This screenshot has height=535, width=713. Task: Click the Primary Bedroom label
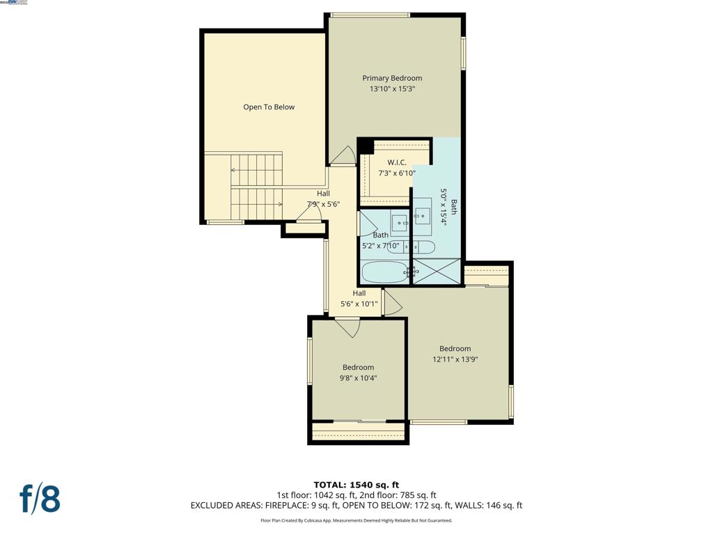pyautogui.click(x=392, y=78)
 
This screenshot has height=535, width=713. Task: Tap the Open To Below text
pyautogui.click(x=269, y=107)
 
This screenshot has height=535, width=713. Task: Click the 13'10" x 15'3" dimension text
pyautogui.click(x=392, y=89)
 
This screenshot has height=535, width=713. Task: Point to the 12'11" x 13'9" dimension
pyautogui.click(x=455, y=359)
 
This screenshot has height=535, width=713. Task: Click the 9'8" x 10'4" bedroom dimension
pyautogui.click(x=358, y=378)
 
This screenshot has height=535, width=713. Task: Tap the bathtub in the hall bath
pyautogui.click(x=384, y=272)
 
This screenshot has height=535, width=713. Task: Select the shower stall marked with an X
pyautogui.click(x=437, y=271)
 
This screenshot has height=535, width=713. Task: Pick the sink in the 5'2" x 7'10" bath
pyautogui.click(x=399, y=223)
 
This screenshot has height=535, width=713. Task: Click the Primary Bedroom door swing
pyautogui.click(x=343, y=157)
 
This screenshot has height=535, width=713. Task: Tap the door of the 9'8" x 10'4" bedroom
pyautogui.click(x=347, y=326)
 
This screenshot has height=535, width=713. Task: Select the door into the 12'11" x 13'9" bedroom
pyautogui.click(x=391, y=302)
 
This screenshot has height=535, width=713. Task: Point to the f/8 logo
pyautogui.click(x=40, y=499)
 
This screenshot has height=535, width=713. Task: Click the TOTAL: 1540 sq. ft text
pyautogui.click(x=356, y=485)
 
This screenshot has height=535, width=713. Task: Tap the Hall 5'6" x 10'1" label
pyautogui.click(x=359, y=299)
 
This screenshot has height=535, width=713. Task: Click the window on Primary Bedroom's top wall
pyautogui.click(x=370, y=15)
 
